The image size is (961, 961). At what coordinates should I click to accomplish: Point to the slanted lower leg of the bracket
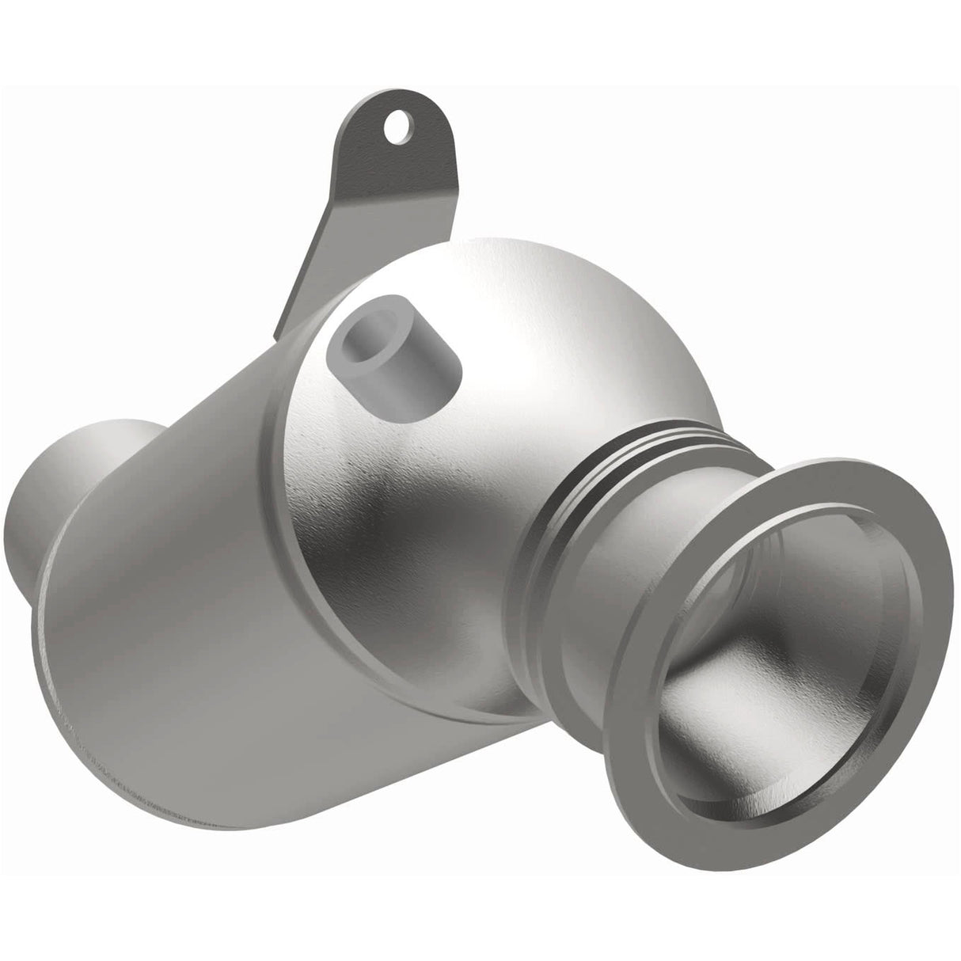pyautogui.click(x=317, y=261)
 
